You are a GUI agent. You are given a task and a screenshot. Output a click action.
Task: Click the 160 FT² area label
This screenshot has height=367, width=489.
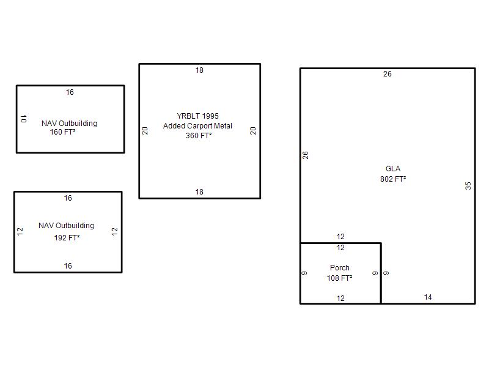click(62, 132)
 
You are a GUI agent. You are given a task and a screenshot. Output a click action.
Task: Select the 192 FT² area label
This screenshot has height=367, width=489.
click(67, 238)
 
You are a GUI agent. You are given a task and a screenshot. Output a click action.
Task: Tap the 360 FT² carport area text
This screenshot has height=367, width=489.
click(199, 136)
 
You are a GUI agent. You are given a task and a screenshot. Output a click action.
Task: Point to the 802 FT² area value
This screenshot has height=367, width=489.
click(393, 179)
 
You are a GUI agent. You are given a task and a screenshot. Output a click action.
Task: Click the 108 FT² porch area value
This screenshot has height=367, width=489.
click(339, 278)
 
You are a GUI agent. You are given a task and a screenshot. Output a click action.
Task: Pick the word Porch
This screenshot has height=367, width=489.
click(340, 268)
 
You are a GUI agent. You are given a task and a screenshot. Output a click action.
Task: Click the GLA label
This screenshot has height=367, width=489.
click(393, 169)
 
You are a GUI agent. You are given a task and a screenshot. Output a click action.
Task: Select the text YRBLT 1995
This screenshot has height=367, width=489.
click(197, 116)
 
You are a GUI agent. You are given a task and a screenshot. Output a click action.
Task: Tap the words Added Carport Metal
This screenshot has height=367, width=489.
click(197, 126)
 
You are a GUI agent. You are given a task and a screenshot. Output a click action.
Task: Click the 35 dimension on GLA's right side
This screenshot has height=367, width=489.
click(468, 186)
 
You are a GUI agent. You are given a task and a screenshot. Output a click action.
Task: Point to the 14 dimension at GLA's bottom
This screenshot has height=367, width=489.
click(428, 297)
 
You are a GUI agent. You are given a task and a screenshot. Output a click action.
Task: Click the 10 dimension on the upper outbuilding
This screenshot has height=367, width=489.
click(24, 119)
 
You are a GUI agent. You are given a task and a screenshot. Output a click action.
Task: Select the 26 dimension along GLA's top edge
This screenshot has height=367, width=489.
click(388, 74)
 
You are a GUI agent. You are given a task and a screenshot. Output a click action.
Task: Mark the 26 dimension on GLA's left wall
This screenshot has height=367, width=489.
click(305, 155)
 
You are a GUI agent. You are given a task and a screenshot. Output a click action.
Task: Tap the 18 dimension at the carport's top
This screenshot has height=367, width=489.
click(200, 70)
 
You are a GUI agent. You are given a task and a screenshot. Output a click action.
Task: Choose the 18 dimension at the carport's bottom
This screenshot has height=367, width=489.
click(200, 192)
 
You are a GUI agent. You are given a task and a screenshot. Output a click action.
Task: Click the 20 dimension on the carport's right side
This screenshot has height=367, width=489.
click(253, 131)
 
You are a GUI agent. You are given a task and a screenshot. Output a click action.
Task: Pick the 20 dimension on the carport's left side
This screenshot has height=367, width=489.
click(145, 131)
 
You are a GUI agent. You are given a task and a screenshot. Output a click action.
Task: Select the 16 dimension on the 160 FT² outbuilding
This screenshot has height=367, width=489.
click(70, 92)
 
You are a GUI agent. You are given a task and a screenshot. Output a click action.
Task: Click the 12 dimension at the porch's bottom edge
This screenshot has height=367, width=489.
click(340, 298)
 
